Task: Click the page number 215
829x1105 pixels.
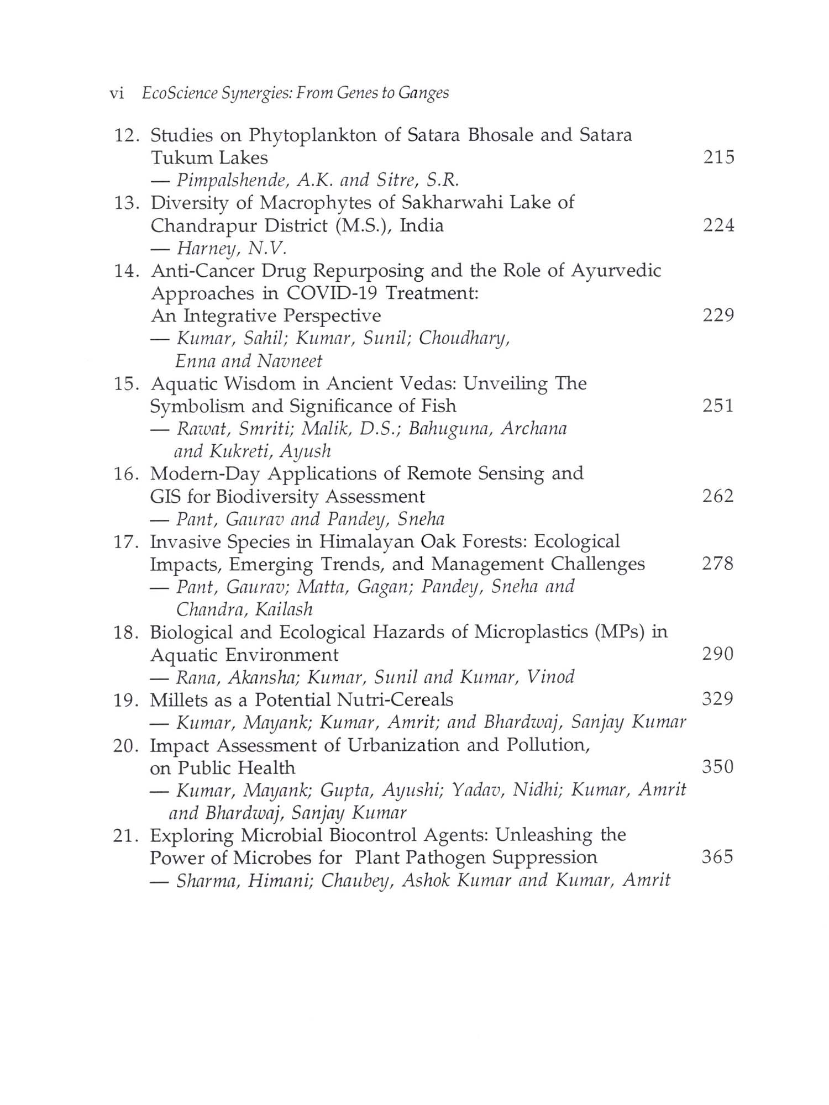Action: (718, 157)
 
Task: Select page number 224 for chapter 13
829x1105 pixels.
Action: (718, 225)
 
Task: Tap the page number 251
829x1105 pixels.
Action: (718, 406)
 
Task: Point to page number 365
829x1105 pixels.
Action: (717, 857)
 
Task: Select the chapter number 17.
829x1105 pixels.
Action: (126, 541)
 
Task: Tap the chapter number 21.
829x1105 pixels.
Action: (126, 835)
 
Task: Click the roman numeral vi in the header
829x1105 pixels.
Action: (117, 93)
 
